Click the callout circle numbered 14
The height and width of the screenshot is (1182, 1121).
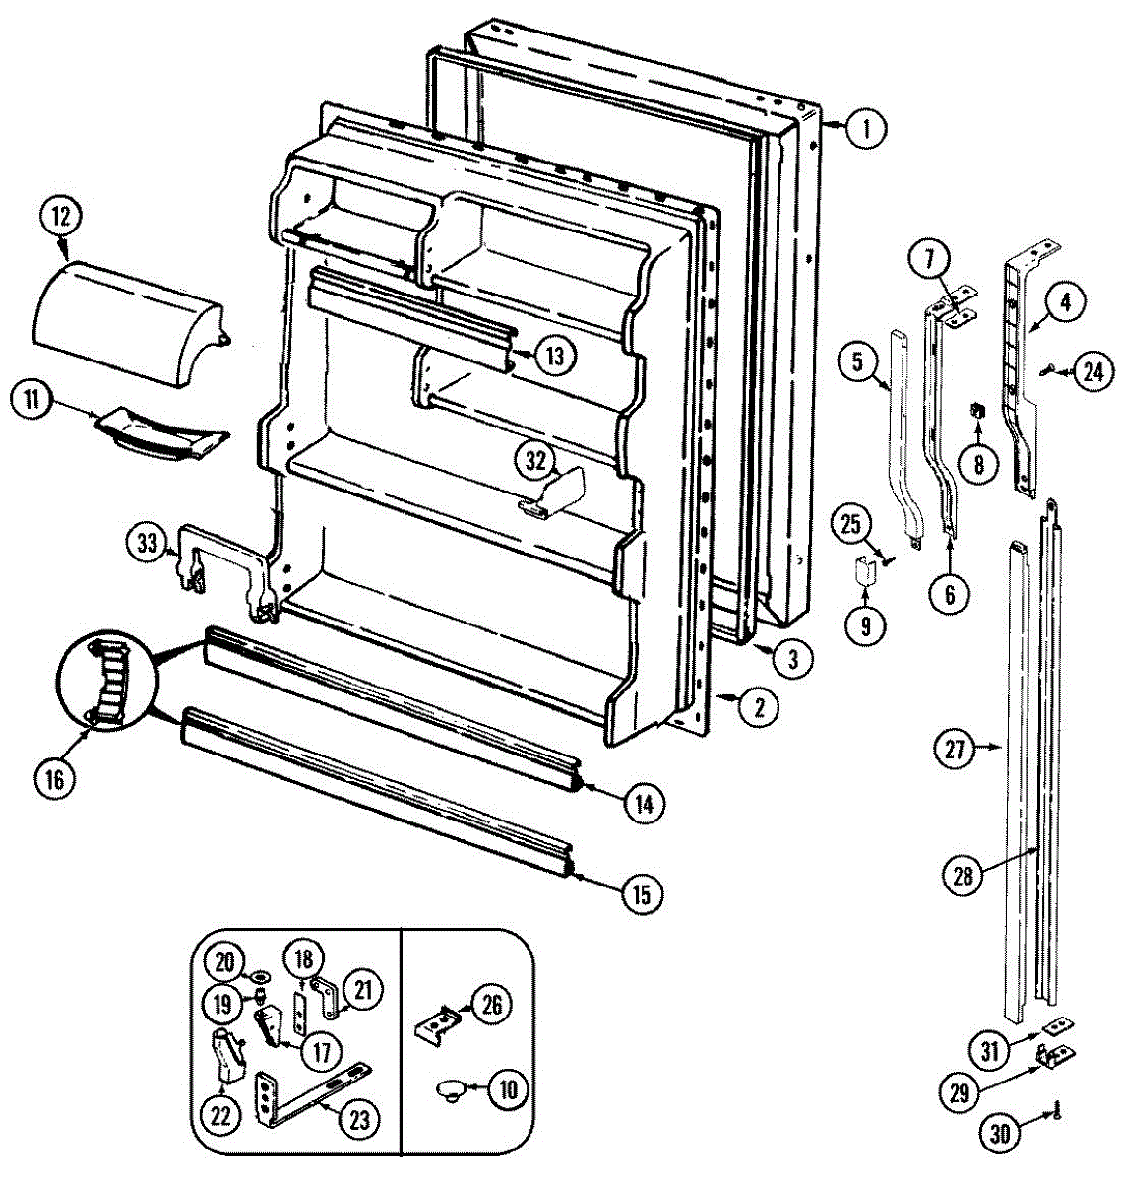pos(643,804)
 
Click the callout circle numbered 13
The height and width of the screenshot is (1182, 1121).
pos(555,355)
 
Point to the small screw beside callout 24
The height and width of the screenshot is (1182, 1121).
pos(1050,371)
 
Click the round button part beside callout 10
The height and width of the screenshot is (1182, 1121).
pos(452,1089)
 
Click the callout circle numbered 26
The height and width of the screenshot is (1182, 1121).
pos(491,1004)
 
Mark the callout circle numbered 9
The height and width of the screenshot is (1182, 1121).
pos(865,625)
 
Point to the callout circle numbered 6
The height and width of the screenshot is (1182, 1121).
pos(951,594)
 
